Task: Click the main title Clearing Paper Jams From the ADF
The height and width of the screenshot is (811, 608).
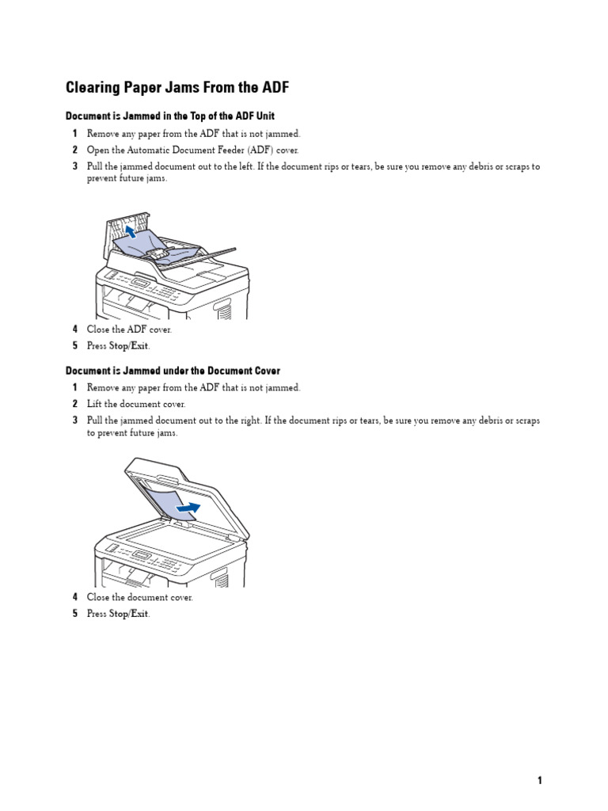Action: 177,87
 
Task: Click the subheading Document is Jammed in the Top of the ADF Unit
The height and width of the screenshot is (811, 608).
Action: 169,116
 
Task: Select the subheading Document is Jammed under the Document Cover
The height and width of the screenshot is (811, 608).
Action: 173,371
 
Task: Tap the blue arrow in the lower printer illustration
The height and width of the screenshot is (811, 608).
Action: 188,507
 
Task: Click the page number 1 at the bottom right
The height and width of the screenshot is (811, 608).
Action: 540,780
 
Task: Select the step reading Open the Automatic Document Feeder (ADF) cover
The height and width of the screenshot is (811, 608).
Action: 193,150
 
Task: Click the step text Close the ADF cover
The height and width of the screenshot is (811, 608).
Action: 128,329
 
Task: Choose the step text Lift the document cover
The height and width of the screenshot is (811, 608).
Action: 135,404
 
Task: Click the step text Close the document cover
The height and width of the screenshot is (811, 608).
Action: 139,597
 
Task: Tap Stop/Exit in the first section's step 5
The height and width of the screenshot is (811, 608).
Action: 129,346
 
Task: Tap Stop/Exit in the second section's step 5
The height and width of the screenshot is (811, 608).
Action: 129,614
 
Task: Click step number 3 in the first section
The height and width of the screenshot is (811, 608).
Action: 75,167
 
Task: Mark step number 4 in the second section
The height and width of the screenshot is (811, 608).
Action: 75,597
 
